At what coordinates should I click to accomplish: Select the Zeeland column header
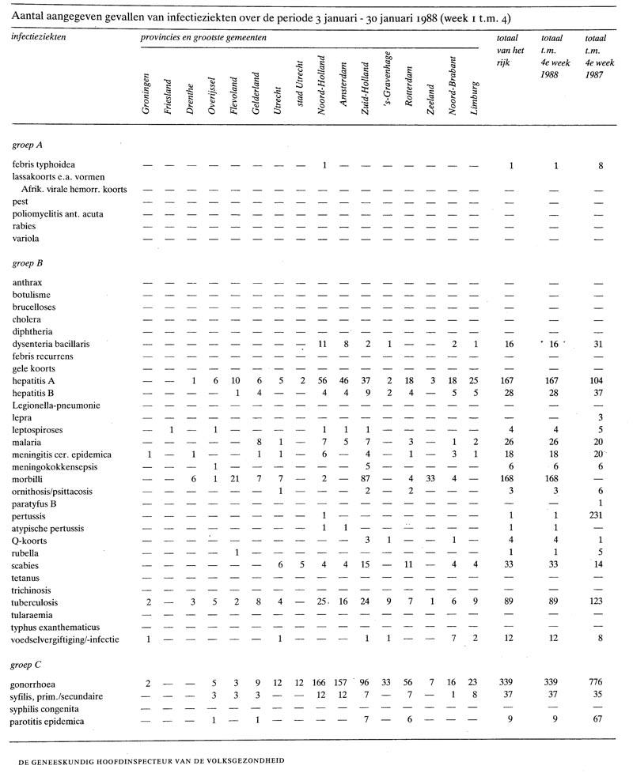430,101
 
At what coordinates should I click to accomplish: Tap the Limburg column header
474,98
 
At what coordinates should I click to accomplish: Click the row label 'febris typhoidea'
45,164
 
